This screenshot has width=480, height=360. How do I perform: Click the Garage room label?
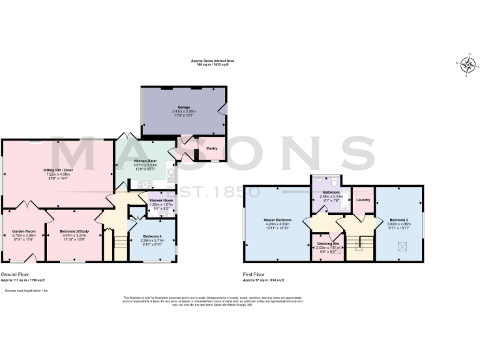[x=184, y=107]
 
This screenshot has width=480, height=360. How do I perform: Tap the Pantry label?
[x=211, y=149]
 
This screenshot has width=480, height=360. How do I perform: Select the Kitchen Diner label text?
[x=145, y=161]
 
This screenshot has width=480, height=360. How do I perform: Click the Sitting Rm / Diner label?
[x=57, y=169]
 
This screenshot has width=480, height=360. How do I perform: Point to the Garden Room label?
[x=22, y=231]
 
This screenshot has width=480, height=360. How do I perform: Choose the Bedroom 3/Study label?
[x=74, y=231]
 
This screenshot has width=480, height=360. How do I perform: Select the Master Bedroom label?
[x=278, y=220]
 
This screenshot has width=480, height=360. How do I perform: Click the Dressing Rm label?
[x=327, y=243]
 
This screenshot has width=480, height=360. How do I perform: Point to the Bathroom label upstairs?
[x=331, y=192]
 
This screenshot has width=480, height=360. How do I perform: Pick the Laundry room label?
[x=363, y=199]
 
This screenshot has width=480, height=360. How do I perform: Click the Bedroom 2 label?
[x=399, y=220]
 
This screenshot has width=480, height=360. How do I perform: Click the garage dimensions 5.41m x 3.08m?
[x=184, y=111]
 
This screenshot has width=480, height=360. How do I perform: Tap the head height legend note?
[x=26, y=291]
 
